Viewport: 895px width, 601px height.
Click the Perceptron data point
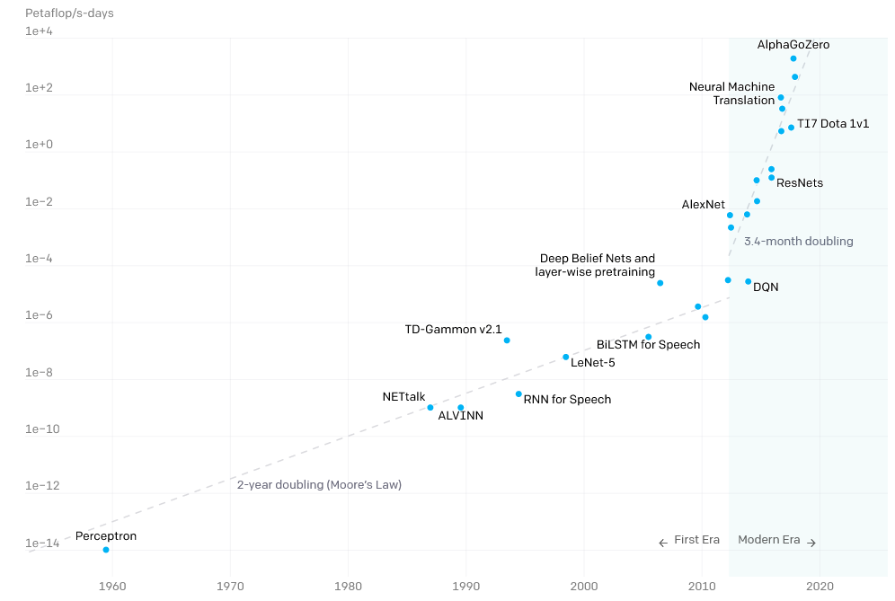click(x=106, y=550)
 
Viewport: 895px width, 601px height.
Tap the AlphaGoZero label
click(x=793, y=44)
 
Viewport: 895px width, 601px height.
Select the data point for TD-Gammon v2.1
click(x=507, y=340)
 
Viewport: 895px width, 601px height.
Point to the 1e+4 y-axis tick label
click(x=39, y=31)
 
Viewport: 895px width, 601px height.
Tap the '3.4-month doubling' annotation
click(x=798, y=242)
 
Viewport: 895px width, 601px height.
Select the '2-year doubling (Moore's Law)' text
click(x=319, y=485)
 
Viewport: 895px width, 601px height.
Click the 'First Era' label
click(x=696, y=540)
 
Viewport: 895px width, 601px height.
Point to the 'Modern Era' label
click(x=768, y=540)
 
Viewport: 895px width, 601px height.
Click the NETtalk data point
click(x=430, y=408)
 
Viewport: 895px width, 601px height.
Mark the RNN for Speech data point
click(x=518, y=394)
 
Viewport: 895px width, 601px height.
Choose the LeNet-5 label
click(x=592, y=363)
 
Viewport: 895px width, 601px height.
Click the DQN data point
click(x=748, y=282)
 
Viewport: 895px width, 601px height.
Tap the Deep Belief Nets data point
click(x=660, y=283)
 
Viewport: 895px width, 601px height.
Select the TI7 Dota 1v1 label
click(x=833, y=124)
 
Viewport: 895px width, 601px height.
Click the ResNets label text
click(x=799, y=183)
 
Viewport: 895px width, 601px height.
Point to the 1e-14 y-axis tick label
click(x=41, y=544)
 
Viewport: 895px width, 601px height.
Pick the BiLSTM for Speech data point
click(x=648, y=337)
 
